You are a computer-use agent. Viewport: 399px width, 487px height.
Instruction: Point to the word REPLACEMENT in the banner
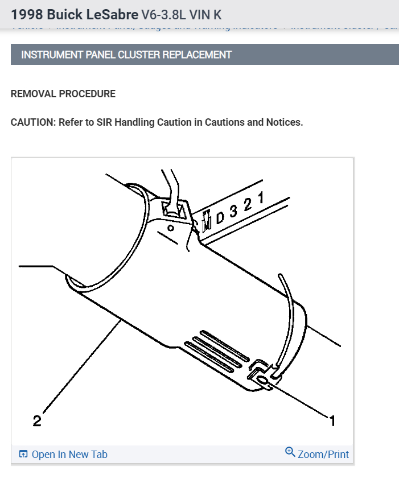coord(197,55)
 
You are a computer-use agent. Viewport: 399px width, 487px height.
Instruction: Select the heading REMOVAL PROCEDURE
coord(63,94)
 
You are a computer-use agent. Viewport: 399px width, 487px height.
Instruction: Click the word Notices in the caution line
coord(283,122)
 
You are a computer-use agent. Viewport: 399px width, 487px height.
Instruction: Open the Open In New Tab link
coord(69,454)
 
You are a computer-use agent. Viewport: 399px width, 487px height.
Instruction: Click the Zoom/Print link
coord(323,454)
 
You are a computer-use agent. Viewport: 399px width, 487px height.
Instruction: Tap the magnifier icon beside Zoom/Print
coord(290,452)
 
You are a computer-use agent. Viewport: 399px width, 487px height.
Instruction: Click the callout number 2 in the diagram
coord(37,422)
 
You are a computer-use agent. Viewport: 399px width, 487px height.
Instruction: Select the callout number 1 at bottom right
coord(332,421)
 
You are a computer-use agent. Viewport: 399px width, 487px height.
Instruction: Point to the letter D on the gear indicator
coord(220,217)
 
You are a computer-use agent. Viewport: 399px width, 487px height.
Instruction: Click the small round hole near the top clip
coord(170,228)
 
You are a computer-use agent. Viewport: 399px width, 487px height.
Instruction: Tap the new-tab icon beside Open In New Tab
coord(23,454)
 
